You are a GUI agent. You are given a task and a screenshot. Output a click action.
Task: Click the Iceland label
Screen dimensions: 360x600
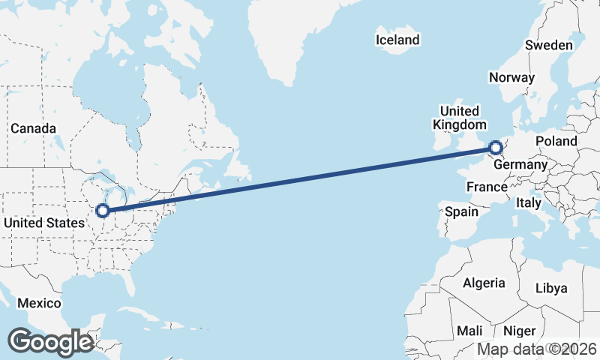[397, 40]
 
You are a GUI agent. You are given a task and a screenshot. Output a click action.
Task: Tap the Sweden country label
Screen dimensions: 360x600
[549, 45]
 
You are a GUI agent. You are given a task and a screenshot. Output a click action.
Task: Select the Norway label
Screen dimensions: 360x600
[511, 77]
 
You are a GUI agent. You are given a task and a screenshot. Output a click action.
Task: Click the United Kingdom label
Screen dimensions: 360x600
[459, 118]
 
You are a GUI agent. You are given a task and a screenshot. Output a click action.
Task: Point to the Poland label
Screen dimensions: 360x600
[556, 141]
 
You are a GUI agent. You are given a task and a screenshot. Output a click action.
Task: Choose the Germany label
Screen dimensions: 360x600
[521, 165]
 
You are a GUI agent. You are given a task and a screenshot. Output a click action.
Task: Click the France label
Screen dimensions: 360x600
[487, 186]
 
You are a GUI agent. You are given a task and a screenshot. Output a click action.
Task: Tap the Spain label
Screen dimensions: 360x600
[461, 211]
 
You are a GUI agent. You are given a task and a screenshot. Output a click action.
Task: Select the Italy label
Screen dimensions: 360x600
[528, 202]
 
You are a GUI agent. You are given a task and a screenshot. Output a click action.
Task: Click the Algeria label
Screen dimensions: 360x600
[484, 283]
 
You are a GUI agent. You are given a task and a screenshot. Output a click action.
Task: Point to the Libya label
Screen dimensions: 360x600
[551, 288]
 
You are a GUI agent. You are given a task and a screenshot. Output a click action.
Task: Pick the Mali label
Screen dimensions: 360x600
[469, 331]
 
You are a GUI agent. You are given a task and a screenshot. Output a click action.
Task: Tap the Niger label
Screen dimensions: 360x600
[519, 331]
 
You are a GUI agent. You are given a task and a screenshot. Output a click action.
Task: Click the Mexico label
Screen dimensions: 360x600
[39, 303]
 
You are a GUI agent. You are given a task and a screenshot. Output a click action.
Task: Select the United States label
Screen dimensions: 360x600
[44, 223]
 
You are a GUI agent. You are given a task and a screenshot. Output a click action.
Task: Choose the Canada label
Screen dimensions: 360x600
[33, 128]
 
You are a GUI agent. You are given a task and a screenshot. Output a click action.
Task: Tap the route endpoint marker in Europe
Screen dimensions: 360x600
[494, 148]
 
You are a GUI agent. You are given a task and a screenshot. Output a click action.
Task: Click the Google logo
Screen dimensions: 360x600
[50, 342]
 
